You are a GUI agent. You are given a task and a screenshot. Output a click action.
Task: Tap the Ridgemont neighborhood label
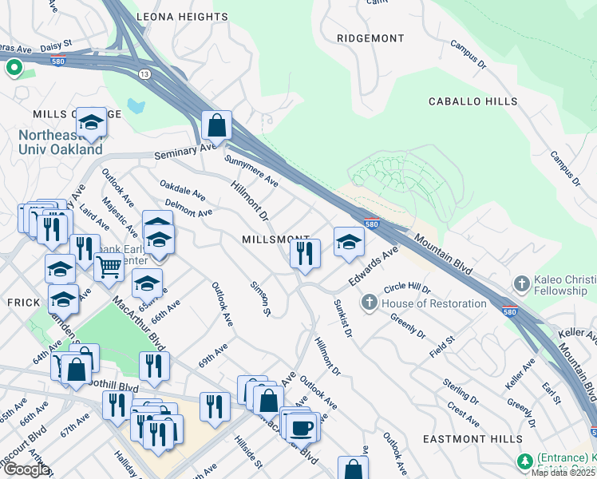[x=370, y=38]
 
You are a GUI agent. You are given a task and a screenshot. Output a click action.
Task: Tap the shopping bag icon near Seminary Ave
[x=216, y=125]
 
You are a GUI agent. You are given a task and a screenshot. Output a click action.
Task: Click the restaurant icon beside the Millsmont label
[x=305, y=253]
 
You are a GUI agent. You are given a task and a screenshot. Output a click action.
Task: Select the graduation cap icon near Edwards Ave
[x=349, y=241]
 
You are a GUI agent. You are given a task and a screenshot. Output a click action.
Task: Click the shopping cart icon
[x=109, y=268]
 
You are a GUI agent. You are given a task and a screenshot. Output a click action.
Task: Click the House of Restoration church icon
[x=369, y=303]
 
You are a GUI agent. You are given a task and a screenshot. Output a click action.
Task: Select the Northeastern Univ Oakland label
[x=61, y=142]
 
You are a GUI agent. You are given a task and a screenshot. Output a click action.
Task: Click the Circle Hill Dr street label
[x=407, y=287]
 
